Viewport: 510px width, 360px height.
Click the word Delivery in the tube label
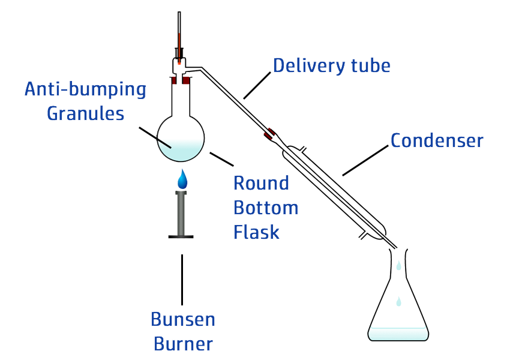point(302,65)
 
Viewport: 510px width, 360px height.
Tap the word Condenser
point(436,140)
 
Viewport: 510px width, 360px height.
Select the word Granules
point(85,113)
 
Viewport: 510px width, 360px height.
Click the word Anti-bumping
point(85,90)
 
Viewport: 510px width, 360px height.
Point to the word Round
point(261,183)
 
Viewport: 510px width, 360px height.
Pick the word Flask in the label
point(256,232)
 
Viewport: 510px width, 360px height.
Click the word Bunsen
point(183,319)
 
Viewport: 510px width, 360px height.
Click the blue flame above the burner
point(182,179)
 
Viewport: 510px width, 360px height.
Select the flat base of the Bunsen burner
point(181,237)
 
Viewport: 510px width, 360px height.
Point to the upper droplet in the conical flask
point(398,265)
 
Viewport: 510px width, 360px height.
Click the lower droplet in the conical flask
point(398,301)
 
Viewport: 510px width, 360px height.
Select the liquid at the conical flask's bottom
point(398,334)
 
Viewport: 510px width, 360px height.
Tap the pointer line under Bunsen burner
point(182,279)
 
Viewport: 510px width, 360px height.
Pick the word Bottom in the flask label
point(266,208)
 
